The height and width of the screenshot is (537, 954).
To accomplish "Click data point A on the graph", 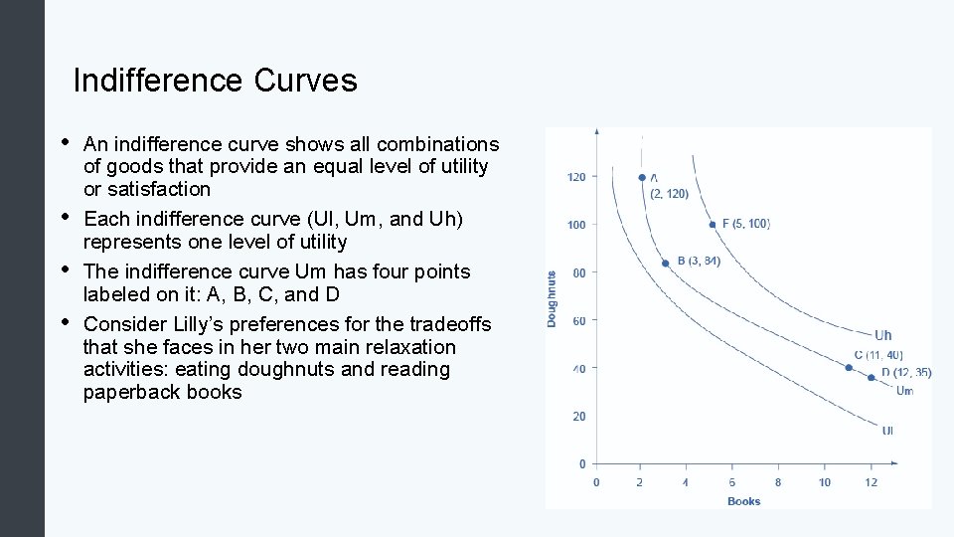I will [x=642, y=178].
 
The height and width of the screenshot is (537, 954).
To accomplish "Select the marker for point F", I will [x=713, y=225].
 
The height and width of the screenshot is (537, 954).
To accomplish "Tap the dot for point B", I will [x=666, y=264].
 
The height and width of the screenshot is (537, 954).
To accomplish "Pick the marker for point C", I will [x=849, y=368].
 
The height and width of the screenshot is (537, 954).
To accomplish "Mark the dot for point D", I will [x=872, y=377].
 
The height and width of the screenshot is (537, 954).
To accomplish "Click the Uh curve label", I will [x=882, y=335].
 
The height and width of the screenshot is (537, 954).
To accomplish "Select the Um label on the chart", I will [x=904, y=391].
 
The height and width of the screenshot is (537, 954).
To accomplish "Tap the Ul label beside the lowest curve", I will [x=887, y=431].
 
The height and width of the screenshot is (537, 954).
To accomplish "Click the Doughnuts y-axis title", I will [x=552, y=299].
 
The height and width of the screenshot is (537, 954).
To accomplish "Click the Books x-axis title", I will [x=743, y=501].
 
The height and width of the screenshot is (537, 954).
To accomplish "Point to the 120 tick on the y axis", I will [x=576, y=177].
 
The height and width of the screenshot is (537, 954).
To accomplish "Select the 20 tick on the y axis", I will [x=578, y=417].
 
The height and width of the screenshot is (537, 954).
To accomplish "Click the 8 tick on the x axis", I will [x=778, y=482].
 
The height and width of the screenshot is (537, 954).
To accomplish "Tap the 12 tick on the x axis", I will [x=871, y=482].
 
